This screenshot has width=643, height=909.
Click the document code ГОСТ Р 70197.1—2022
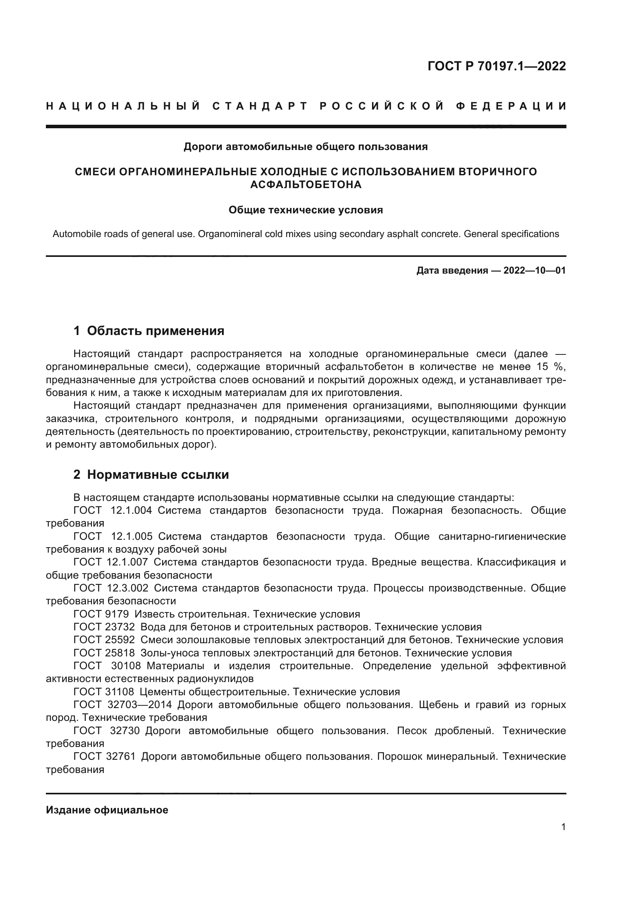496,66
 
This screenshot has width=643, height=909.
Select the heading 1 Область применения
149,331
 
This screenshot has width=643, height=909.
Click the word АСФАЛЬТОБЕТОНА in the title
306,185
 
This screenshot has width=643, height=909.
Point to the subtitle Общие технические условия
306,210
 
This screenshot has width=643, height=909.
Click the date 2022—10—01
534,271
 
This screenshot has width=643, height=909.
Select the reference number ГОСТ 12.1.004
112,510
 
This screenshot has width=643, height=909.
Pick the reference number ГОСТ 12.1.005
113,536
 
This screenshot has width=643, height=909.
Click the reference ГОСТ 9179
101,614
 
